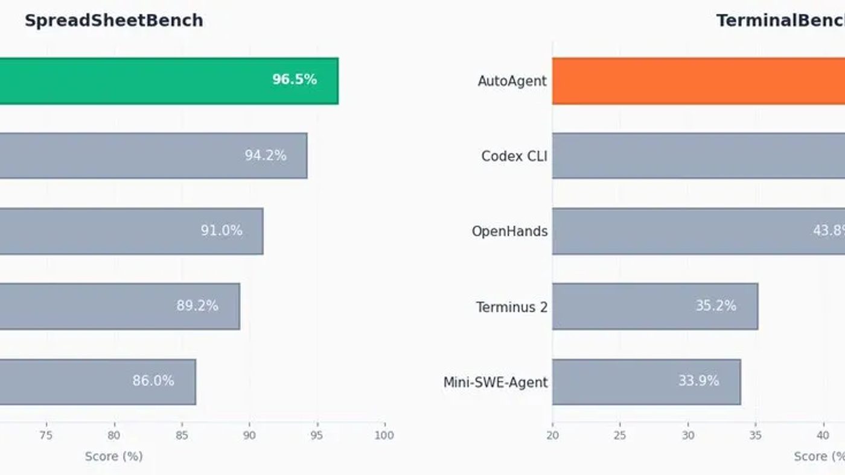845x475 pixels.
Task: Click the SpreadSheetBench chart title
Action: pos(113,20)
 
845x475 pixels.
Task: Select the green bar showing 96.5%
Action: pos(169,81)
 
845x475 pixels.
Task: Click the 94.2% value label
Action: pos(266,156)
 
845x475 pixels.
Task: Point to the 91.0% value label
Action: pos(222,231)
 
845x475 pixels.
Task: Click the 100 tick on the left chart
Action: pos(384,435)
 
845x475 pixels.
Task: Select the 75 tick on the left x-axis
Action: pos(46,435)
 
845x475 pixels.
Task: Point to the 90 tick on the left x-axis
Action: pos(249,435)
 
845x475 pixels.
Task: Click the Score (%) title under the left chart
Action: pos(113,456)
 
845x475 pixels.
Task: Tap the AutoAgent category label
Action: pos(512,81)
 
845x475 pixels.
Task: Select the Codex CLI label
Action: pos(514,156)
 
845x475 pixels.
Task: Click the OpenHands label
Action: pos(509,231)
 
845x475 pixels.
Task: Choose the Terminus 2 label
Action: pos(512,307)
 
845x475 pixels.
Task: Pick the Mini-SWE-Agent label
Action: pos(496,382)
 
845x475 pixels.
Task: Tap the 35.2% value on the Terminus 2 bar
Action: pos(716,306)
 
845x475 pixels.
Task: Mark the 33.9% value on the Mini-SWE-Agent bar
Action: pos(698,382)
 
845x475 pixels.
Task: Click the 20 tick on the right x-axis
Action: pos(552,435)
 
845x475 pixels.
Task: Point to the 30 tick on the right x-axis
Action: pos(688,435)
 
